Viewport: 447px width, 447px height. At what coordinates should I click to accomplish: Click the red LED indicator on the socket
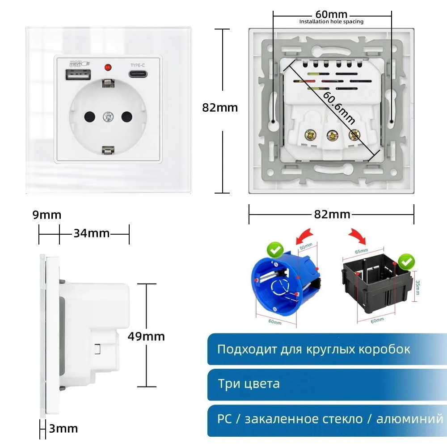(x=107, y=68)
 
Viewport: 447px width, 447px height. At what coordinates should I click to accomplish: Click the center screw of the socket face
(x=107, y=117)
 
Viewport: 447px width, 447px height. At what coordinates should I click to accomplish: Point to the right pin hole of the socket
(x=127, y=117)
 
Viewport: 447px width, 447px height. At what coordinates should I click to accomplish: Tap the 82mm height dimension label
(x=220, y=108)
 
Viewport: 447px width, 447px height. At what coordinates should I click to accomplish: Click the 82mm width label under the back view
(x=332, y=215)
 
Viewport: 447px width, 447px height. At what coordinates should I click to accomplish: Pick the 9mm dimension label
(x=46, y=215)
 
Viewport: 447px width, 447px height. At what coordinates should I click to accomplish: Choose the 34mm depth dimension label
(x=91, y=233)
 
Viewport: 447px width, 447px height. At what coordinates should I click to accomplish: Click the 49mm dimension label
(x=146, y=336)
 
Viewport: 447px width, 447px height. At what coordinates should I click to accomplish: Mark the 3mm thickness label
(x=63, y=429)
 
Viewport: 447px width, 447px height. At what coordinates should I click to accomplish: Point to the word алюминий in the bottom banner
(x=409, y=419)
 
